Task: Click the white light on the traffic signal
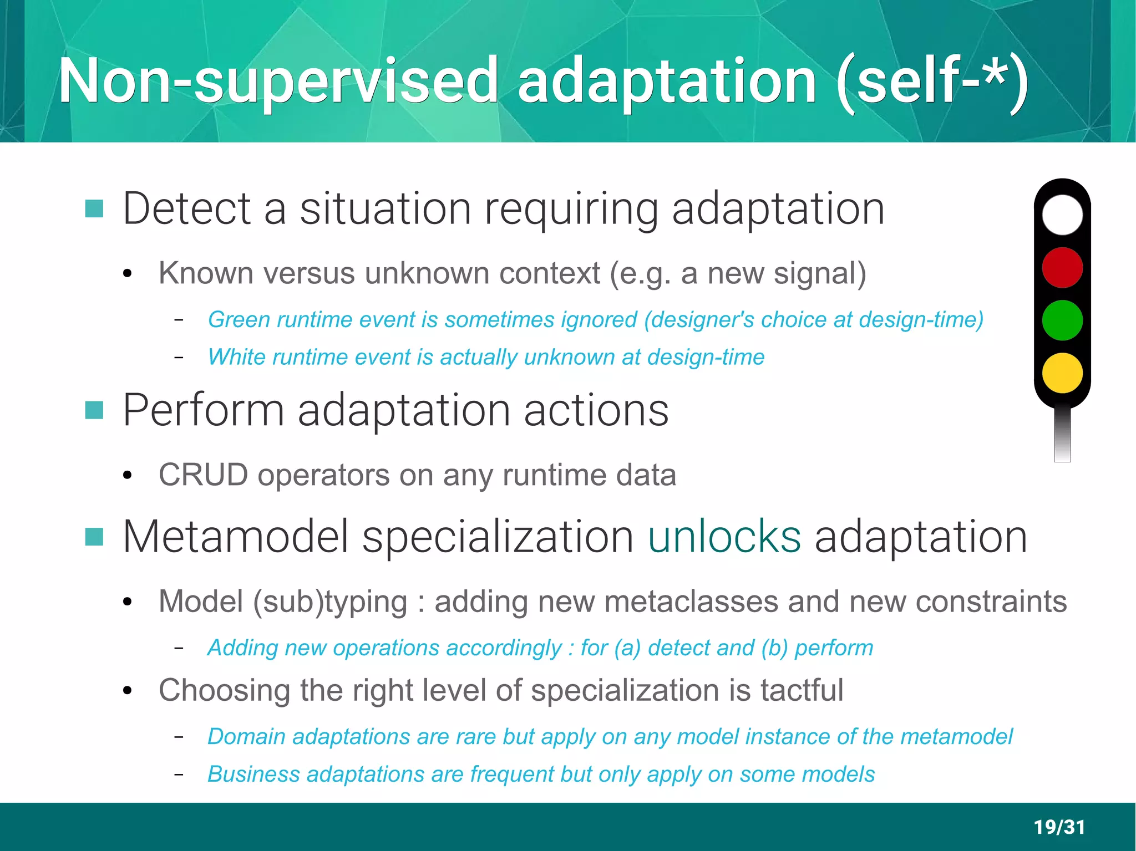point(1062,215)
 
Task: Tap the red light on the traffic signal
point(1062,267)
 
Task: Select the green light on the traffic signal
point(1062,320)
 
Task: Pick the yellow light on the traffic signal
point(1062,373)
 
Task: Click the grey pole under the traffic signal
point(1062,435)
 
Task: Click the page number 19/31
point(1059,827)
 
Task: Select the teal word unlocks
point(724,536)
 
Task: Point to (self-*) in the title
point(932,81)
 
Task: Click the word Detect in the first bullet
point(187,208)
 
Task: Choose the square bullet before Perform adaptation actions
point(94,410)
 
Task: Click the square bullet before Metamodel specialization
point(94,537)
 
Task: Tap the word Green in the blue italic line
point(239,320)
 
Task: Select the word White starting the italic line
point(237,357)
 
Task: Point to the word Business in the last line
point(253,774)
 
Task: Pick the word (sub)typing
point(330,602)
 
